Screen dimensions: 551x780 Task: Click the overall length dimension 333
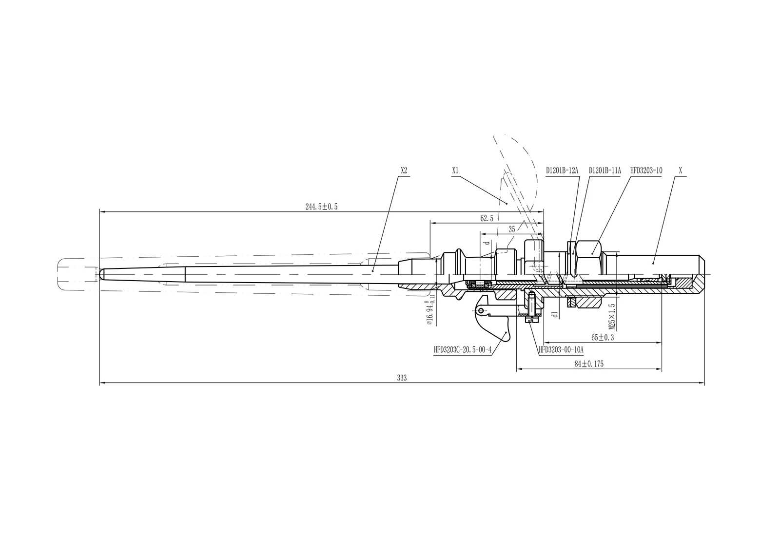(x=402, y=378)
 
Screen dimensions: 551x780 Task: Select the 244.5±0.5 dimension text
(x=321, y=207)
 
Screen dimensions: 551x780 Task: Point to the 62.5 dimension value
(x=487, y=218)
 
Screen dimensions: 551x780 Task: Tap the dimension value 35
(x=511, y=229)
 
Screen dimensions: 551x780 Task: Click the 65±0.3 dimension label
(x=603, y=337)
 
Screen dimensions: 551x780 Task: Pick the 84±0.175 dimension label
(x=589, y=364)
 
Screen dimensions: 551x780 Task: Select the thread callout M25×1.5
(x=612, y=316)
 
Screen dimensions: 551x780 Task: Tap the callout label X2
(x=404, y=171)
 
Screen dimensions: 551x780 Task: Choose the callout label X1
(x=455, y=171)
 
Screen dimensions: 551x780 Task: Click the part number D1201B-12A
(x=562, y=171)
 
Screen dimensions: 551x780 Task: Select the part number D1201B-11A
(x=604, y=171)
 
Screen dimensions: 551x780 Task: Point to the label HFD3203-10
(x=646, y=171)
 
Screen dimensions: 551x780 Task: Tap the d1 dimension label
(x=554, y=314)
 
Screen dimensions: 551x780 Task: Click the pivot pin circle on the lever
(x=481, y=310)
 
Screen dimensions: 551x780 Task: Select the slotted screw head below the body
(x=531, y=320)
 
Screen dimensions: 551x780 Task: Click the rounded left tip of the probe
(x=101, y=274)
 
